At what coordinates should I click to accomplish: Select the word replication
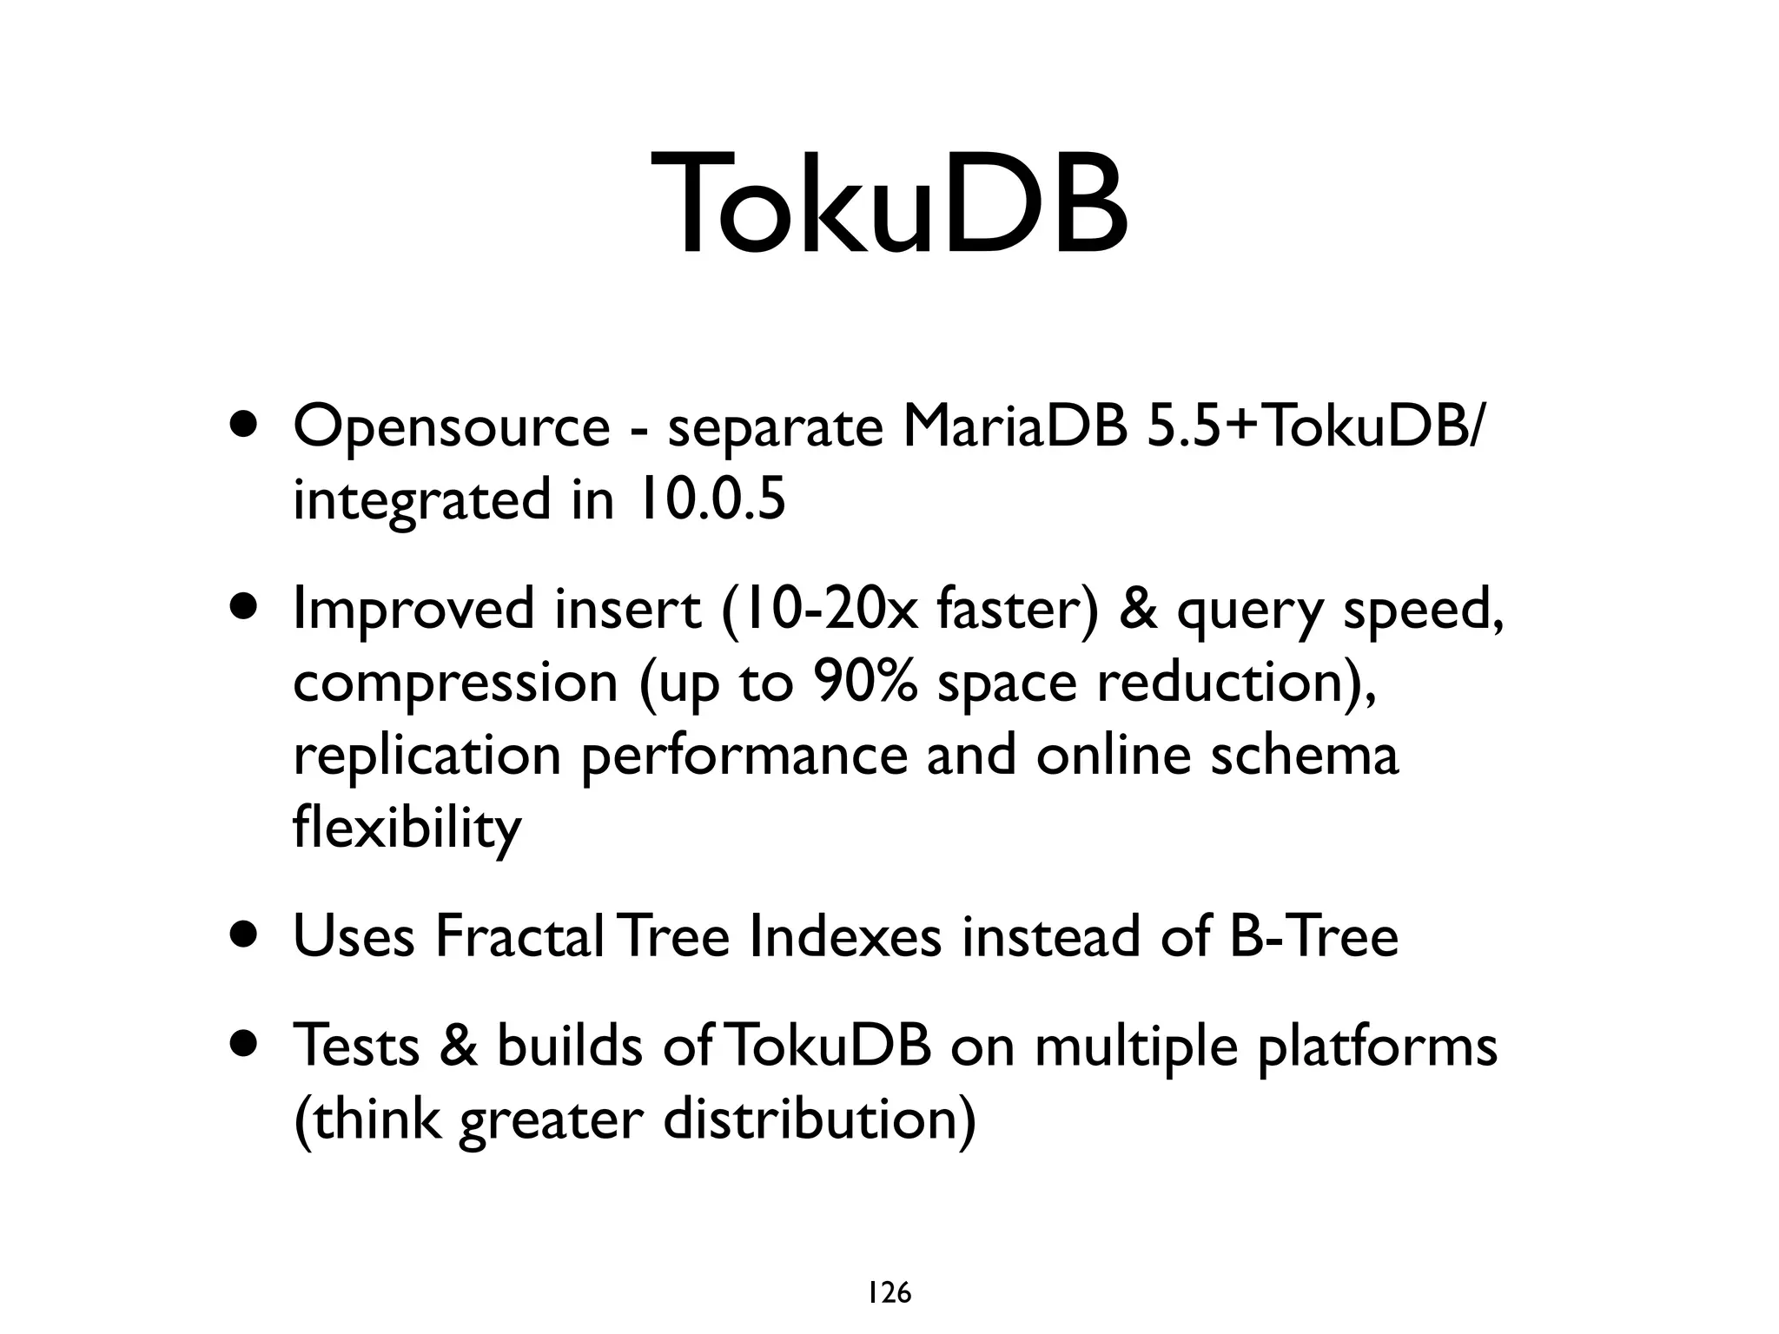point(427,756)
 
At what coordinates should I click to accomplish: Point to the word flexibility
point(407,829)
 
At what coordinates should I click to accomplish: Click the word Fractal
point(519,936)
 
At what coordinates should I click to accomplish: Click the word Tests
point(357,1045)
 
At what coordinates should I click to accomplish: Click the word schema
point(1304,755)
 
